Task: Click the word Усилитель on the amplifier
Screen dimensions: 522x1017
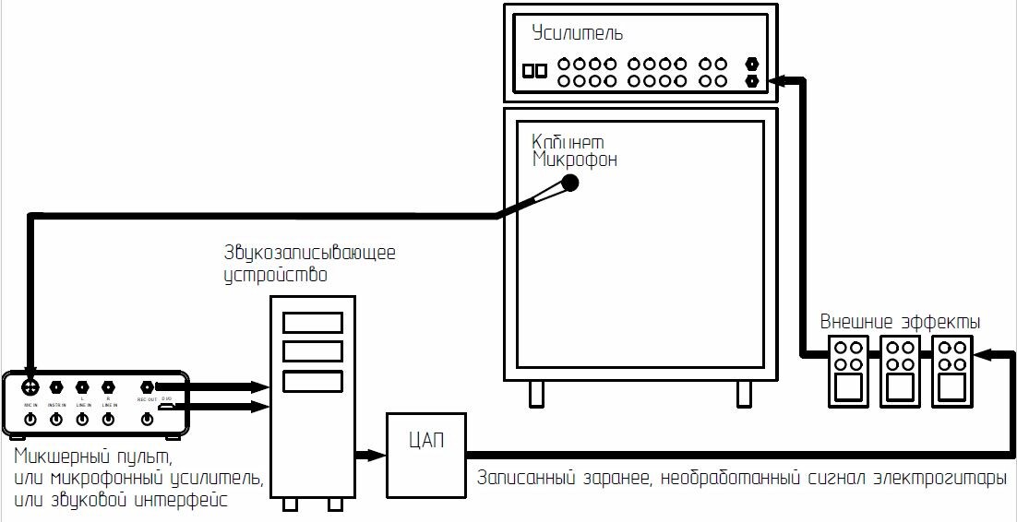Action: pos(578,34)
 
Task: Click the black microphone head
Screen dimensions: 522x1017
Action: pos(570,183)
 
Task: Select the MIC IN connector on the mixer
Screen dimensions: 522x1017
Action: pos(30,387)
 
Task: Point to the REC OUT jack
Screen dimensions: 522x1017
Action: pos(147,387)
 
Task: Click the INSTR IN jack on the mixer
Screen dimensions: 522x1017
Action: pos(56,387)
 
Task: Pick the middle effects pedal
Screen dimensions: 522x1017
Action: pos(900,371)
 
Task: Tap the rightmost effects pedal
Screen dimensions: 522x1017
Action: pos(951,371)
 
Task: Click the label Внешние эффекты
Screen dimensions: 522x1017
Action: pos(900,322)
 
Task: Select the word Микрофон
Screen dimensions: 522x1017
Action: pos(575,160)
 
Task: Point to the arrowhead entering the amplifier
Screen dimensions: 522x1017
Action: pos(777,81)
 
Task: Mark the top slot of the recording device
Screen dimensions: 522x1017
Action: pos(312,323)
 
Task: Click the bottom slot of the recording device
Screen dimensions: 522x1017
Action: pos(312,381)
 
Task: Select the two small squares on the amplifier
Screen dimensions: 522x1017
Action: pos(534,71)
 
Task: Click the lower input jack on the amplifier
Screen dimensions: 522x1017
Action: pos(752,81)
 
